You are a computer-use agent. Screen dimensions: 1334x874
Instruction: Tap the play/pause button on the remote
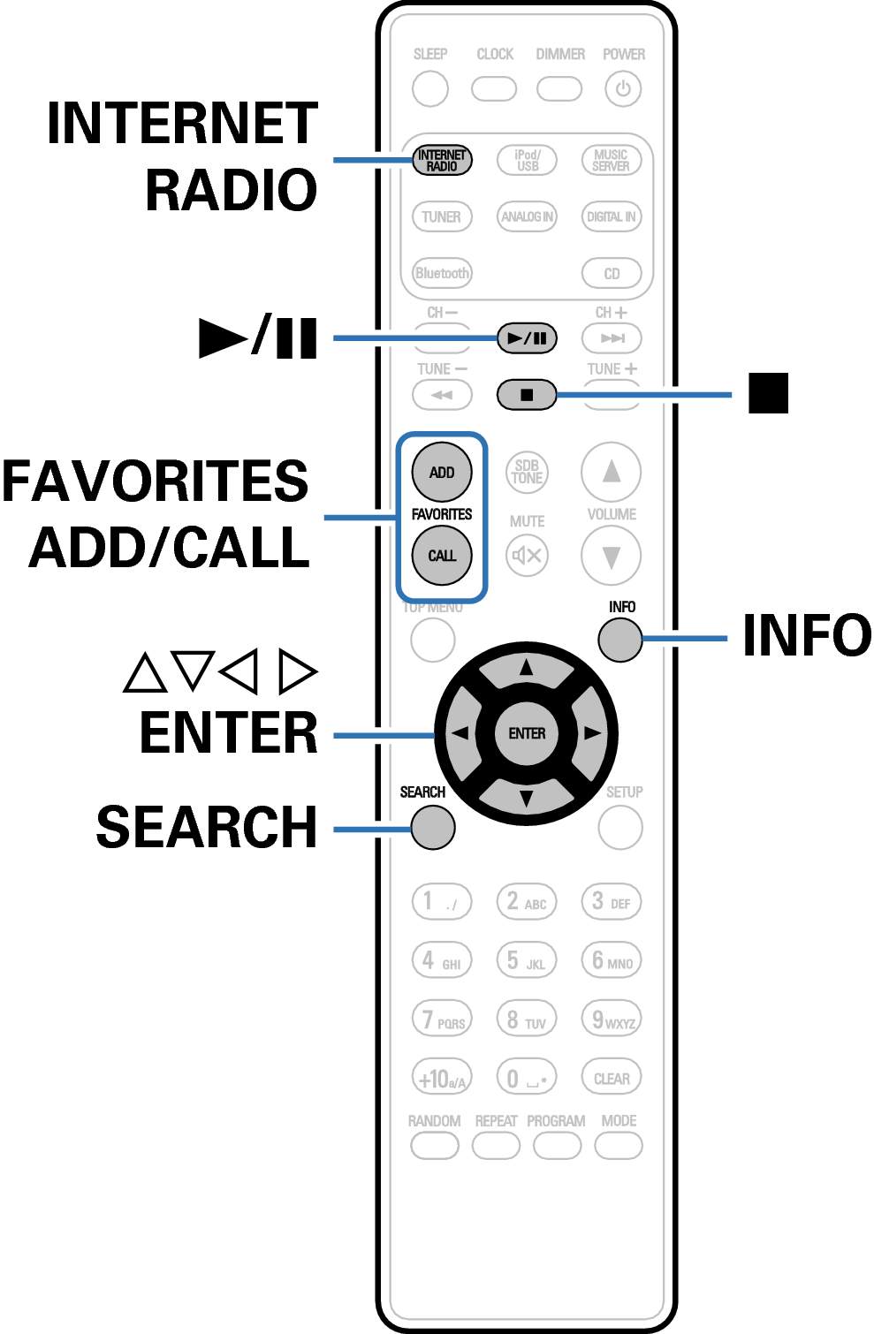(527, 337)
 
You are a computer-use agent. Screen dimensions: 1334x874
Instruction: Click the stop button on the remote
(527, 394)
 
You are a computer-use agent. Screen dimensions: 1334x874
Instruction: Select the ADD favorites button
(442, 472)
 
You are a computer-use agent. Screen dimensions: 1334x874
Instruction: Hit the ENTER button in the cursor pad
(527, 733)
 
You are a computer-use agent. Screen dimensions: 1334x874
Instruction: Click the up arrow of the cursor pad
(527, 669)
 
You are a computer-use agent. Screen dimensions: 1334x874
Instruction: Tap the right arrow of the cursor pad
(591, 733)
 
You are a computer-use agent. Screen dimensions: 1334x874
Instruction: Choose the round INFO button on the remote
(619, 639)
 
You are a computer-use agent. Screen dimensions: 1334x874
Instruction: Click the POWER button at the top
(623, 89)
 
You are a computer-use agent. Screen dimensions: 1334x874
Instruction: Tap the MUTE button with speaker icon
(527, 556)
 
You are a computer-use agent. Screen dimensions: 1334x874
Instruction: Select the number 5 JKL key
(527, 960)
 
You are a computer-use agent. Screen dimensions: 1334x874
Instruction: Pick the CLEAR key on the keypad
(612, 1078)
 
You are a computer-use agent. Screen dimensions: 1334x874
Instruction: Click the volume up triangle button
(612, 472)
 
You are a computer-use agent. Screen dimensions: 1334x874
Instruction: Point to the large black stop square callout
(768, 393)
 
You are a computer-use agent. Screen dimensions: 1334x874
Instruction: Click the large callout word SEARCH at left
(207, 827)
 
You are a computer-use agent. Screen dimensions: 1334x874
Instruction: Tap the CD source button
(612, 273)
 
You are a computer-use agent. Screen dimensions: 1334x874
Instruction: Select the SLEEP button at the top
(430, 89)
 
